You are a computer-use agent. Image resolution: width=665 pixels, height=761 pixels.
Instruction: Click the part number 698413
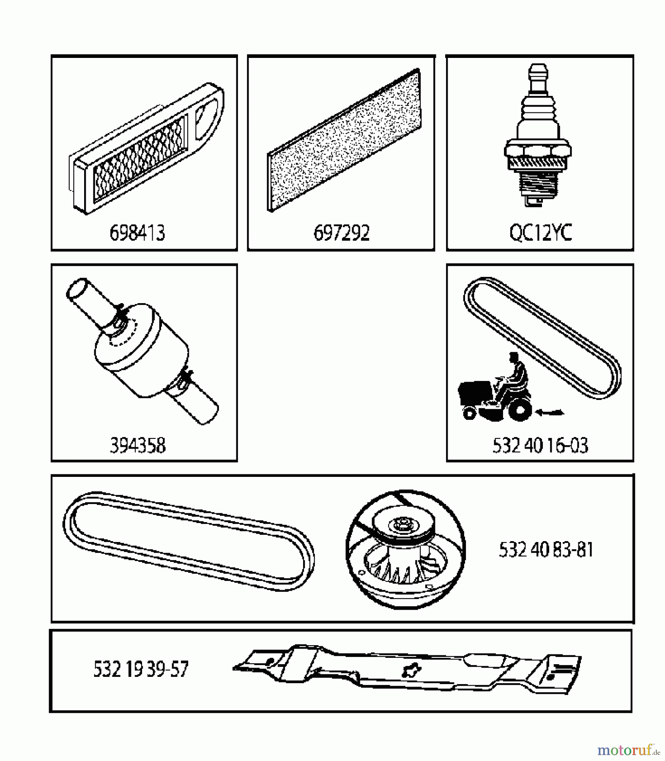[x=137, y=233]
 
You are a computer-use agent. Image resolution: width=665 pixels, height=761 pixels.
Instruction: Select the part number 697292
[x=341, y=233]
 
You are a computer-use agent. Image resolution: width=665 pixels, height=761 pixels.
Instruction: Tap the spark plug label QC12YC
[x=540, y=233]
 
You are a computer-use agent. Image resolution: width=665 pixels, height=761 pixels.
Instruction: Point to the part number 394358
[x=137, y=446]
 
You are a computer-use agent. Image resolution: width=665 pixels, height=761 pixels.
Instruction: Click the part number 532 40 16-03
[x=540, y=446]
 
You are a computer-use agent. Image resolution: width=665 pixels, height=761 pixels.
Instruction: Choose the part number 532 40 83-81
[x=546, y=550]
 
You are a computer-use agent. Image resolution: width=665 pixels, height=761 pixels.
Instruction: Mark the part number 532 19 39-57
[x=140, y=669]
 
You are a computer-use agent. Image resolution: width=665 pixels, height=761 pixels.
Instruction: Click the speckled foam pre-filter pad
[x=345, y=142]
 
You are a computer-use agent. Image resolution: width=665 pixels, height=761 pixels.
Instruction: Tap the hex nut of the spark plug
[x=538, y=151]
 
